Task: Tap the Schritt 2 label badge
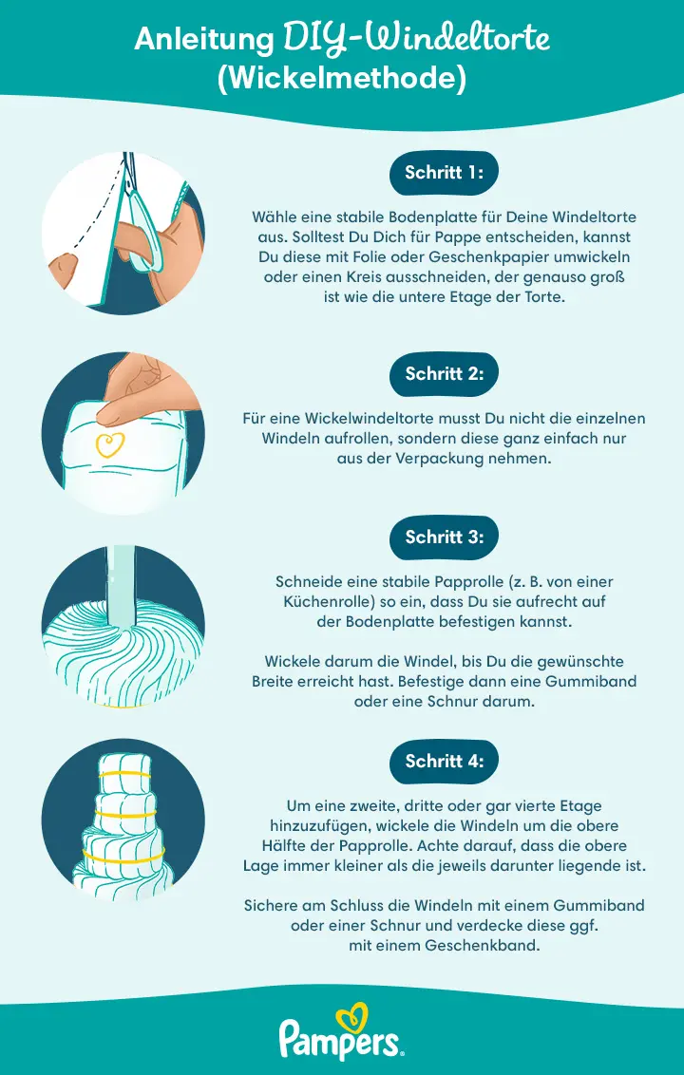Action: (x=445, y=373)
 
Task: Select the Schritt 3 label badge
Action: (x=445, y=537)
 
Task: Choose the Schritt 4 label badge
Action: (x=445, y=761)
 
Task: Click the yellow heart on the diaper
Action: (x=111, y=444)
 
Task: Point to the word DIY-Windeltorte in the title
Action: (x=416, y=40)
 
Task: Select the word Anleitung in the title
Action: (x=204, y=40)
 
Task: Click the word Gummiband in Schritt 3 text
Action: (x=590, y=681)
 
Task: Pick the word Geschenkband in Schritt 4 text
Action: (x=492, y=945)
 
